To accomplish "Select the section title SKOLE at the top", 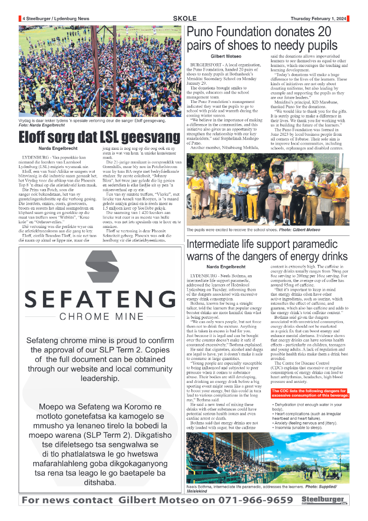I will [x=184, y=18].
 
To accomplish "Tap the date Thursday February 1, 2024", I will [x=318, y=19].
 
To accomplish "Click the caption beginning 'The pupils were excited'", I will [x=253, y=230].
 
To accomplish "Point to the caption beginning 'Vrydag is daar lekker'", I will [x=92, y=120].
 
